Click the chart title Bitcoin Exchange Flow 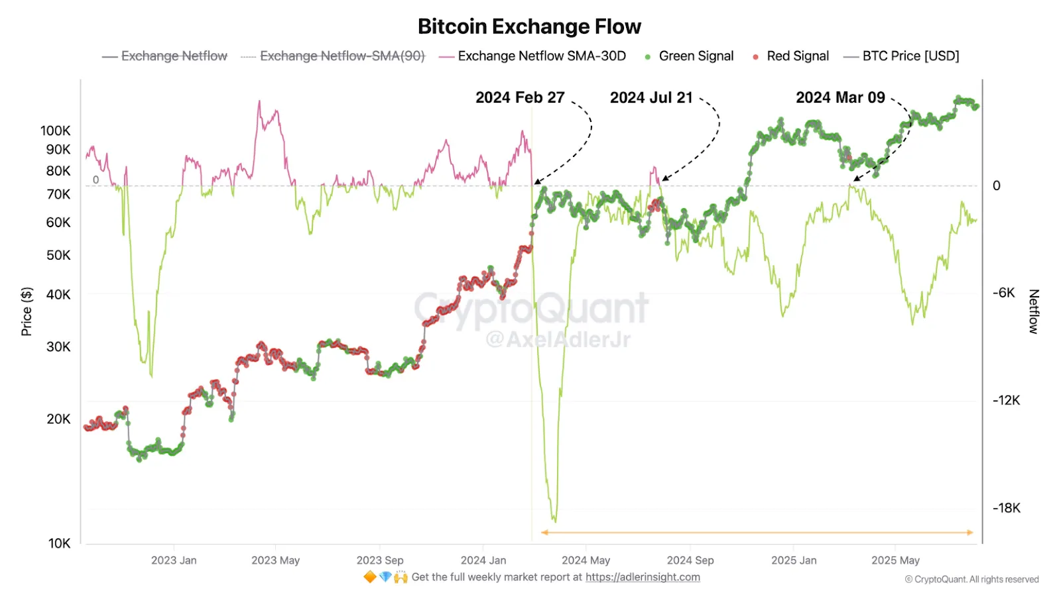click(x=529, y=27)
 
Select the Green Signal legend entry click(x=696, y=56)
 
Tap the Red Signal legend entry click(x=797, y=56)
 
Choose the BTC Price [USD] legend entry click(x=910, y=56)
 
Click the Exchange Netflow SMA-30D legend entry click(x=541, y=56)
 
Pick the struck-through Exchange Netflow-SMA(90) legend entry click(x=342, y=56)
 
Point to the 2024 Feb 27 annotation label click(x=520, y=98)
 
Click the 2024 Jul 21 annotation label click(x=651, y=98)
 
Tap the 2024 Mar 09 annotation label click(x=840, y=98)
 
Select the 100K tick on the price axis click(x=55, y=131)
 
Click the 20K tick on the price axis click(x=58, y=419)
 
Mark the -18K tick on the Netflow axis click(x=1006, y=508)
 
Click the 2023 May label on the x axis click(x=275, y=561)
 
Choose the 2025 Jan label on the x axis click(x=794, y=561)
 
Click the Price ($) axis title click(x=27, y=311)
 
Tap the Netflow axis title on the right click(x=1033, y=311)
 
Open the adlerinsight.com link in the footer click(x=642, y=577)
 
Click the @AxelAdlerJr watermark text click(x=558, y=340)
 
